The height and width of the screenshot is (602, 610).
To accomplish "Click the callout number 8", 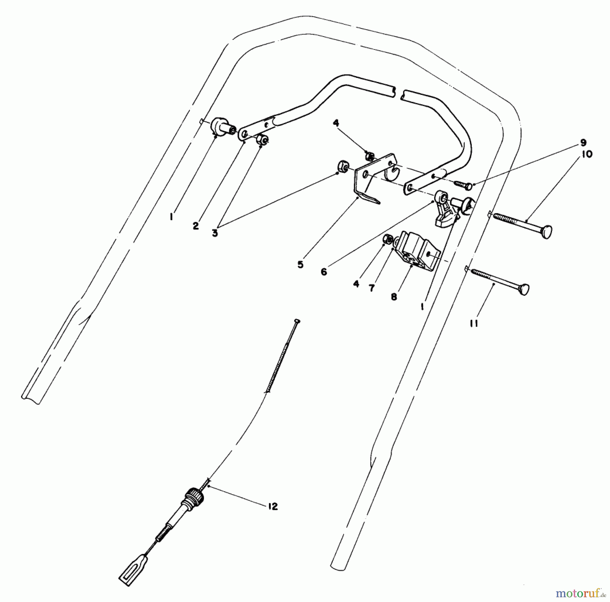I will (x=393, y=297).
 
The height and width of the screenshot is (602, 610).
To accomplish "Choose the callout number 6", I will (x=324, y=272).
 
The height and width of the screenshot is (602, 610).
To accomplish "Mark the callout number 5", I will (x=301, y=265).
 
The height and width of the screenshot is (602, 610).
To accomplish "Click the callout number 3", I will (x=215, y=233).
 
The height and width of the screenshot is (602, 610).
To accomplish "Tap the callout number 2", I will (x=196, y=226).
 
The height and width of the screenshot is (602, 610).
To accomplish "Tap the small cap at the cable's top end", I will (x=298, y=320).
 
